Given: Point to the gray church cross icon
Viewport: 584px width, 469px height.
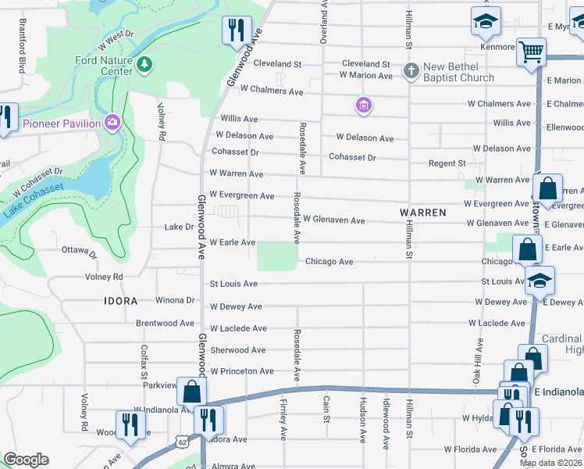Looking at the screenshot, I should [x=411, y=72].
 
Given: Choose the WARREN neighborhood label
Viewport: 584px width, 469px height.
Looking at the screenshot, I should [x=422, y=212].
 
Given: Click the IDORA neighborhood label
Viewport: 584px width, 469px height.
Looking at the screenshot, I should [x=120, y=301].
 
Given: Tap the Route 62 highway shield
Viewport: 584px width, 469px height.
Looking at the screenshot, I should [x=183, y=442].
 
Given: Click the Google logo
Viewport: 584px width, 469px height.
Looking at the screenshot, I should [x=27, y=460].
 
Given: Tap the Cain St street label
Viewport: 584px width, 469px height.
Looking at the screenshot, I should [x=326, y=410].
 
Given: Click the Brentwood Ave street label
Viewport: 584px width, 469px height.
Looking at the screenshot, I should [x=165, y=323].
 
